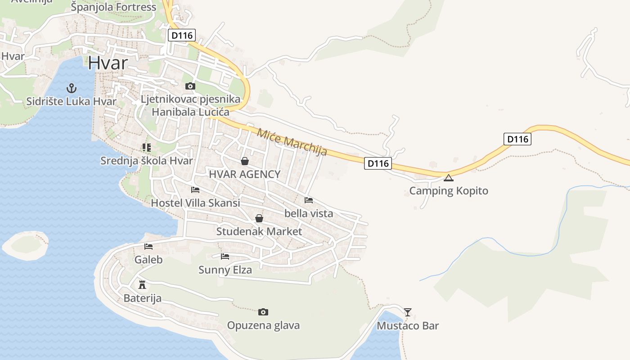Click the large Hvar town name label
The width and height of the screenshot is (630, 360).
(108, 63)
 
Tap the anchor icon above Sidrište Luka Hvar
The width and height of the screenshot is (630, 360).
(71, 88)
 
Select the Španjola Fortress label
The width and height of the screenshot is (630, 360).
(113, 7)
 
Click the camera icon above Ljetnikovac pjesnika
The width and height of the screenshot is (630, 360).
(190, 86)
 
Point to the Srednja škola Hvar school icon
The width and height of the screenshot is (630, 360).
(146, 147)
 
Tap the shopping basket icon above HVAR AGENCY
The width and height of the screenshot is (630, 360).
(244, 161)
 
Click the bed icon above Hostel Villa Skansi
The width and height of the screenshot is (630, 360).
(195, 190)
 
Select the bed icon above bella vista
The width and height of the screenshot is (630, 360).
(308, 200)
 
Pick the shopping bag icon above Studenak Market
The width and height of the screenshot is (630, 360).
(259, 218)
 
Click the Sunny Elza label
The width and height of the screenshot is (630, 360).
(225, 270)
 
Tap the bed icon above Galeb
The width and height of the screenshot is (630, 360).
(148, 246)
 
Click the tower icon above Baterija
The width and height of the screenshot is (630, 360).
(142, 284)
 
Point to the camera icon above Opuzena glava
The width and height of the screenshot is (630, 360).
(263, 312)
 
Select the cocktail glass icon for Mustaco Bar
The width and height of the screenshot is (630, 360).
(407, 312)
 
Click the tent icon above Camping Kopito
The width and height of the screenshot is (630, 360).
(448, 178)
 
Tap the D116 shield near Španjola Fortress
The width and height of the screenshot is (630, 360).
(181, 35)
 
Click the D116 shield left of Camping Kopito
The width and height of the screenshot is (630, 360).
(378, 163)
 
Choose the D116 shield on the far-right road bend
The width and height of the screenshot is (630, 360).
(517, 139)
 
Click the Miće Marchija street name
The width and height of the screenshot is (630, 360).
(292, 142)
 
